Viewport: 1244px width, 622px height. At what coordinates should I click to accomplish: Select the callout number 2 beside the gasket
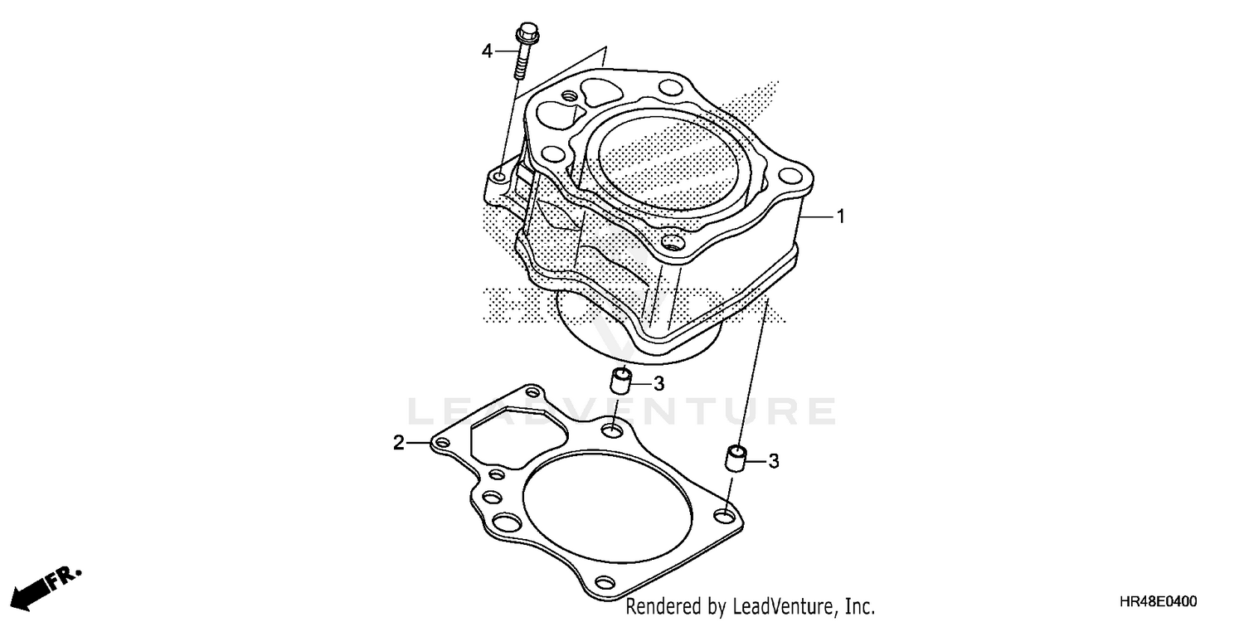(x=399, y=444)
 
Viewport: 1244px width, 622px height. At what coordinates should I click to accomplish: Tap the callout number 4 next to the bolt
(x=488, y=51)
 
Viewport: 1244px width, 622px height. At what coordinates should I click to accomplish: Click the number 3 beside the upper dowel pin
(x=658, y=383)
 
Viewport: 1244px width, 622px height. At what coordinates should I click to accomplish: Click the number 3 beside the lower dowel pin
(x=773, y=461)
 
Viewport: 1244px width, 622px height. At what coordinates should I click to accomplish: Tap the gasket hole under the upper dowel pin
(x=613, y=430)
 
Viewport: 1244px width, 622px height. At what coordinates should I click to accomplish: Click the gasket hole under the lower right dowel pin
(x=726, y=517)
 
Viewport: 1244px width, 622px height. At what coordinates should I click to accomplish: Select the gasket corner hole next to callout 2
(x=442, y=445)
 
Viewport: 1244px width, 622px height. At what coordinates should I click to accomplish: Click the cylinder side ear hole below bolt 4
(x=500, y=177)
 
